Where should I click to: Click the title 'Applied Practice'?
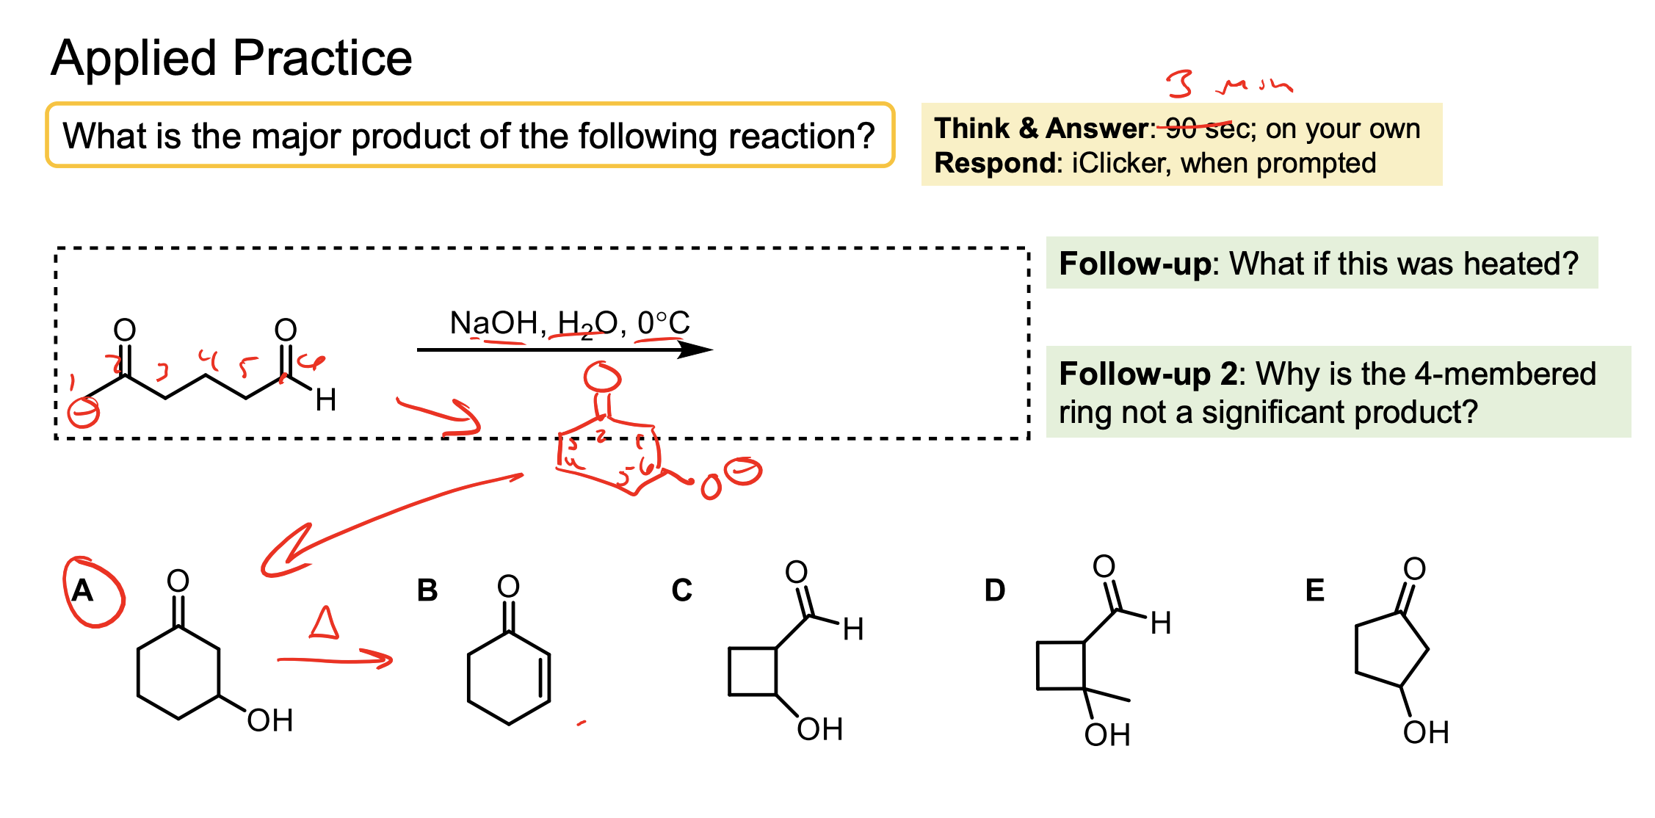(231, 59)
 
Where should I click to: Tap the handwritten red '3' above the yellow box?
(1180, 84)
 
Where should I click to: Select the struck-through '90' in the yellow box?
(1181, 129)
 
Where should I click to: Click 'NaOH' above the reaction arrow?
(493, 323)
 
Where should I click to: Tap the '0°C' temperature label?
(663, 323)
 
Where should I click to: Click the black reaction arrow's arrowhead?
(695, 350)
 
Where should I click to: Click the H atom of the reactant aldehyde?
(325, 401)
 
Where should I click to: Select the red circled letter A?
(83, 591)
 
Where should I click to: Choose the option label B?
(427, 590)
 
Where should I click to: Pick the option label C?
(681, 590)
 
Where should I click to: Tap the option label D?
(995, 590)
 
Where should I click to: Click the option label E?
(1314, 590)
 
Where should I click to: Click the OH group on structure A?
(269, 721)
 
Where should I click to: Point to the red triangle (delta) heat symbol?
(324, 623)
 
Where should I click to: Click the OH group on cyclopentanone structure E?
(1425, 733)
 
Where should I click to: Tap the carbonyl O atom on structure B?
(508, 586)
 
